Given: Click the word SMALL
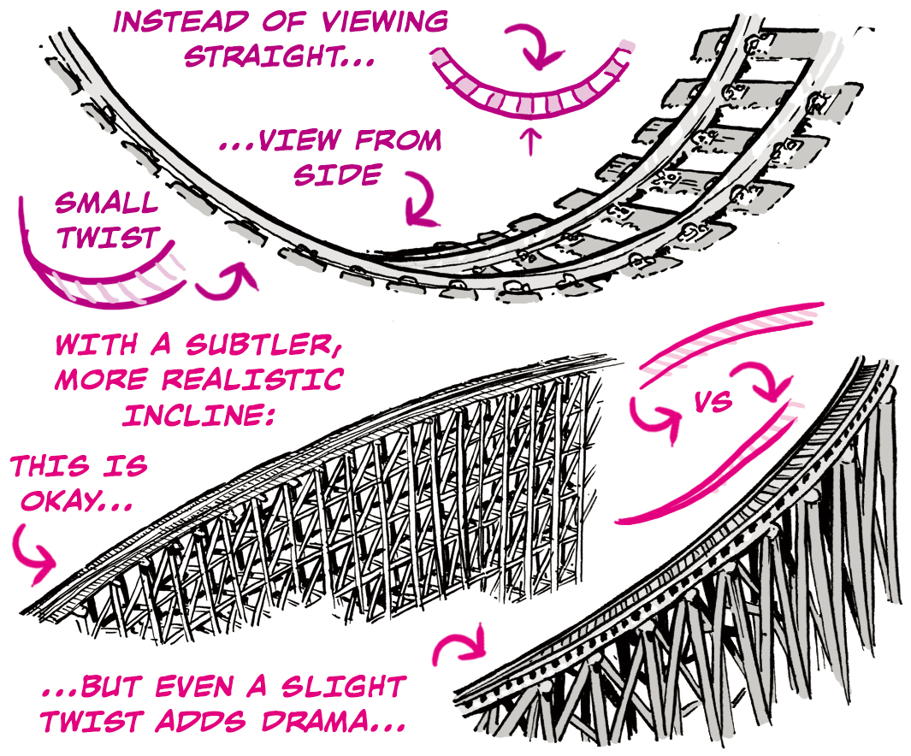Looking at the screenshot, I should coord(107,204).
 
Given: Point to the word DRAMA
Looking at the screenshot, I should coord(333,720).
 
